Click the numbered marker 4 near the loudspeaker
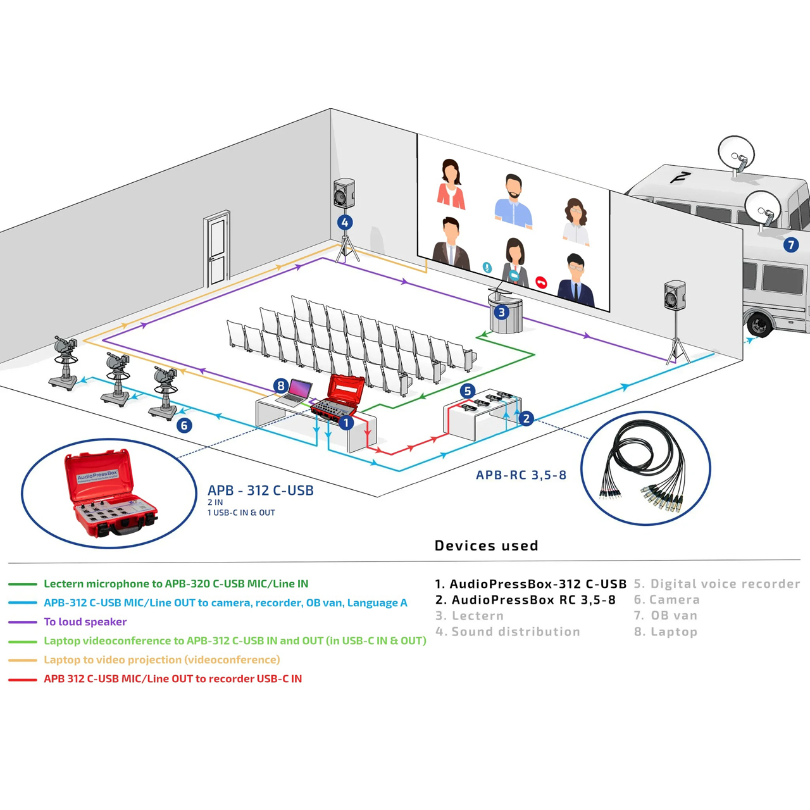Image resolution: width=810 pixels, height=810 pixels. click(x=344, y=222)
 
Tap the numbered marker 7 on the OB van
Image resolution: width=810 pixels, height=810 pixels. click(x=790, y=245)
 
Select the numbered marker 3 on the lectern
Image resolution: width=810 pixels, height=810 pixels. click(x=502, y=312)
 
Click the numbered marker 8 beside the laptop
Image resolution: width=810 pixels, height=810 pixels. click(x=281, y=385)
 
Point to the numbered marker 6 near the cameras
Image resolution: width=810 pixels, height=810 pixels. click(x=184, y=425)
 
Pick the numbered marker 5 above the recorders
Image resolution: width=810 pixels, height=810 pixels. click(x=468, y=391)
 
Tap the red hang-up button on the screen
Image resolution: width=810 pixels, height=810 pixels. click(x=541, y=282)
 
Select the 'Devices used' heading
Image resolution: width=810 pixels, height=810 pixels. click(x=486, y=545)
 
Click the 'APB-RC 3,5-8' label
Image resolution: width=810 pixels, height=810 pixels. click(x=521, y=475)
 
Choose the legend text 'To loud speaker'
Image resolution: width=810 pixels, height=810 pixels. click(x=85, y=622)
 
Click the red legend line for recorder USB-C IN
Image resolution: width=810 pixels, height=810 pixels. click(x=23, y=680)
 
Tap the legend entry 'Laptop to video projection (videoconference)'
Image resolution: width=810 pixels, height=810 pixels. click(x=161, y=660)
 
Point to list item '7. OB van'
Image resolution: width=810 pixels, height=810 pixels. click(x=665, y=616)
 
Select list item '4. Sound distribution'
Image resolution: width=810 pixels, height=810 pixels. click(x=508, y=632)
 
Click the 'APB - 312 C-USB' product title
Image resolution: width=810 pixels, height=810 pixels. click(x=260, y=490)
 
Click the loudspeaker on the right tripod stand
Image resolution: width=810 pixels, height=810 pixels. click(x=675, y=296)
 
